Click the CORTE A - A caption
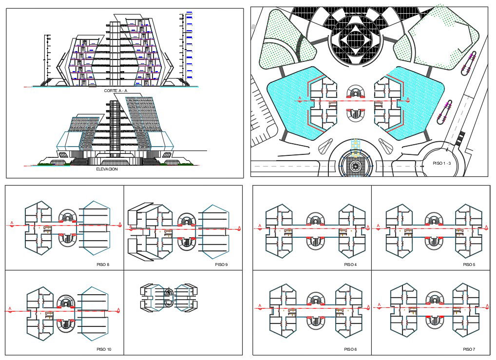(115, 91)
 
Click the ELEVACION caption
(107, 169)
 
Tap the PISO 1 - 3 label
(444, 163)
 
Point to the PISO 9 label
(221, 265)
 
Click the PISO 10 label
(104, 349)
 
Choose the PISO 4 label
(350, 265)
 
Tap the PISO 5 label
(469, 265)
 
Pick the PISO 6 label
(350, 349)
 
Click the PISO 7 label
(469, 349)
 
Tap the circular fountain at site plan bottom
(355, 166)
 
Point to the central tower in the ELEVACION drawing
(114, 129)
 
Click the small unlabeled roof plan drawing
(169, 297)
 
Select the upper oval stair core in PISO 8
(67, 218)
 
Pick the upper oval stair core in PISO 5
(434, 219)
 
